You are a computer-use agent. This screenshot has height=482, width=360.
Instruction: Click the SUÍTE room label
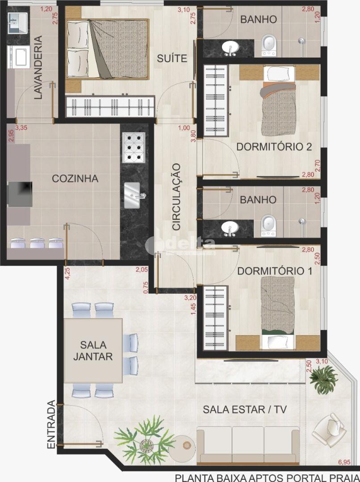[x=172, y=58]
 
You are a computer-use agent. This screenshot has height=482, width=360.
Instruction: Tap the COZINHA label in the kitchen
[x=75, y=178]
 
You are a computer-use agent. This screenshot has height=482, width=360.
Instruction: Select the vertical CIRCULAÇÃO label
[x=176, y=197]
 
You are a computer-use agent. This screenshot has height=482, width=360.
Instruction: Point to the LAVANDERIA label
[x=38, y=67]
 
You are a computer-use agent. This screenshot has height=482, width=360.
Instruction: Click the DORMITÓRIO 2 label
[x=274, y=147]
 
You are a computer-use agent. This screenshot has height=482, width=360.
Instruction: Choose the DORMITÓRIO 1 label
[x=275, y=271]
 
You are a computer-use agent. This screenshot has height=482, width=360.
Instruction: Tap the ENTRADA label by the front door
[x=51, y=424]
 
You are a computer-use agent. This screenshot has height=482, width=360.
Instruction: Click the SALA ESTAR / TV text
[x=245, y=409]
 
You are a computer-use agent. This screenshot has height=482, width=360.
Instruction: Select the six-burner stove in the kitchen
[x=134, y=148]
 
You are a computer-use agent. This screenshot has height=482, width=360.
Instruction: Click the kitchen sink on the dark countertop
[x=133, y=195]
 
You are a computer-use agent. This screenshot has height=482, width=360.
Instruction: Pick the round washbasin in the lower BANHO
[x=230, y=228]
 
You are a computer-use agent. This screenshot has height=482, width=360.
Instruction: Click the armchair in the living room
[x=328, y=429]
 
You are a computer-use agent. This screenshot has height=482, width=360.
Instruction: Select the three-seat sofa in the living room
[x=248, y=445]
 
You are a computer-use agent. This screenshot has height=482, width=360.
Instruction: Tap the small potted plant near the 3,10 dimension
[x=324, y=379]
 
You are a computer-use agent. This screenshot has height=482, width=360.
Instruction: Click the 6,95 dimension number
[x=344, y=462]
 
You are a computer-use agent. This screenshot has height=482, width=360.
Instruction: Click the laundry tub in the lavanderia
[x=18, y=57]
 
